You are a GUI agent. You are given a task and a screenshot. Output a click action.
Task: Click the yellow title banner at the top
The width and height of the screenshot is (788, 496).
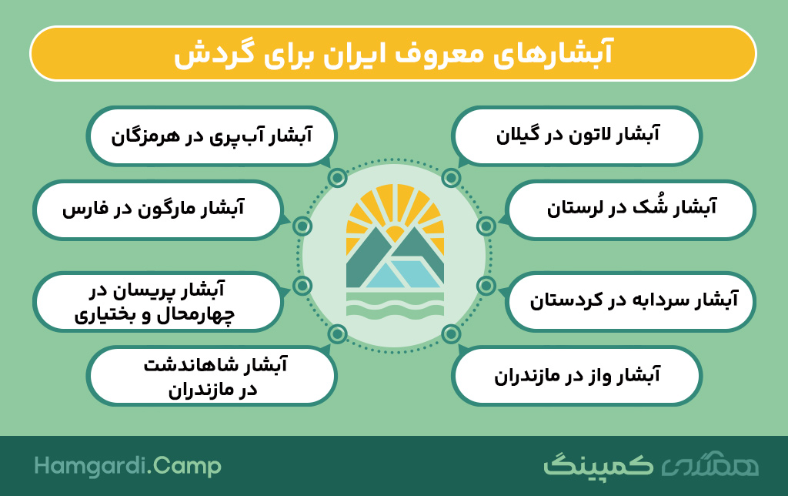393,53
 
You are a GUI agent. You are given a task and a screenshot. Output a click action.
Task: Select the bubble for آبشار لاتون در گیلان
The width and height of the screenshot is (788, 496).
576,136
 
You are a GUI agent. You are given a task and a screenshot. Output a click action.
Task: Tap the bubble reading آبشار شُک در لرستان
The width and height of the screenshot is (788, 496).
630,209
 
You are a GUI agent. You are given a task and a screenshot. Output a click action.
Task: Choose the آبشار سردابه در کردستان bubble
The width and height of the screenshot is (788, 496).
630,301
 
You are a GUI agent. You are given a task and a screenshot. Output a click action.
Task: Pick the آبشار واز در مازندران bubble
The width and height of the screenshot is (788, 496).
576,375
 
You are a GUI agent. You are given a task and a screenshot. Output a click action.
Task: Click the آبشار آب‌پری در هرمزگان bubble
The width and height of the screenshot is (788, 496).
212,136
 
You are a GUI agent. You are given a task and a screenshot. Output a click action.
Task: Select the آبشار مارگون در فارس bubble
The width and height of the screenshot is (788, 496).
158,209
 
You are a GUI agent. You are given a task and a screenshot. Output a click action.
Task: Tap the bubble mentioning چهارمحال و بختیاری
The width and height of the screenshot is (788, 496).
158,301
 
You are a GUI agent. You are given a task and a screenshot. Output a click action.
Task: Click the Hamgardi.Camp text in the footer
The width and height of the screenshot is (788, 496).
128,466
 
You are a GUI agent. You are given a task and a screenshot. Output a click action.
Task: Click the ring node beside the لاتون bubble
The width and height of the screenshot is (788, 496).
451,178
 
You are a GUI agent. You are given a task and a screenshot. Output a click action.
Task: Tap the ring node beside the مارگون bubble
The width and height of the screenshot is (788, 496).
302,226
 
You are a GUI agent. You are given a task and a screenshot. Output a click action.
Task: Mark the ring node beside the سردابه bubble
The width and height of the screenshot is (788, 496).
486,286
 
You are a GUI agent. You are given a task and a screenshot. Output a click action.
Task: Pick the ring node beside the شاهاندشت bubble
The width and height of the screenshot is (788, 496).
337,333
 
